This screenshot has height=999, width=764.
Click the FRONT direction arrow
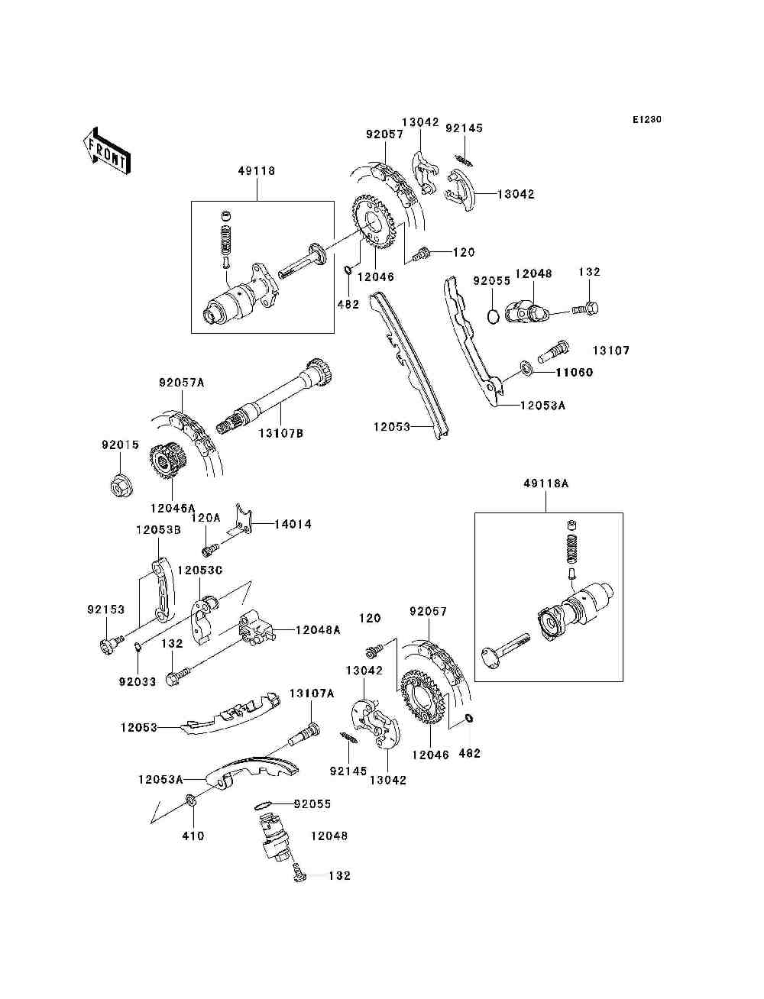tap(108, 151)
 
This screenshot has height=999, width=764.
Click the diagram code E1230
tap(646, 120)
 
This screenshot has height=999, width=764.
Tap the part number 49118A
tap(546, 483)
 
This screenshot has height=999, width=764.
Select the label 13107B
tap(281, 433)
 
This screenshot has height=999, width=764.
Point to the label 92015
tap(120, 445)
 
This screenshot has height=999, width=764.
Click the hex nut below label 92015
tap(121, 487)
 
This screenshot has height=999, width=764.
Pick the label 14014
tap(293, 524)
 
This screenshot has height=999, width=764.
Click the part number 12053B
tap(158, 530)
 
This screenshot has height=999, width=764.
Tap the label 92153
tap(105, 609)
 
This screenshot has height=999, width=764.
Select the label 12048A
tap(318, 630)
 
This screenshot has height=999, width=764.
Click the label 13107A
tap(312, 693)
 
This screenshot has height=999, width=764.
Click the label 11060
tap(574, 372)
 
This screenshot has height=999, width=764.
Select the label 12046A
tap(173, 508)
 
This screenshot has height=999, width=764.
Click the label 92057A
tap(182, 383)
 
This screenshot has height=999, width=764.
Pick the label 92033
tap(137, 682)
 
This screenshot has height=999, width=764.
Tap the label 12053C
tap(200, 571)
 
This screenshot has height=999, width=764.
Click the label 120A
tap(206, 518)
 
